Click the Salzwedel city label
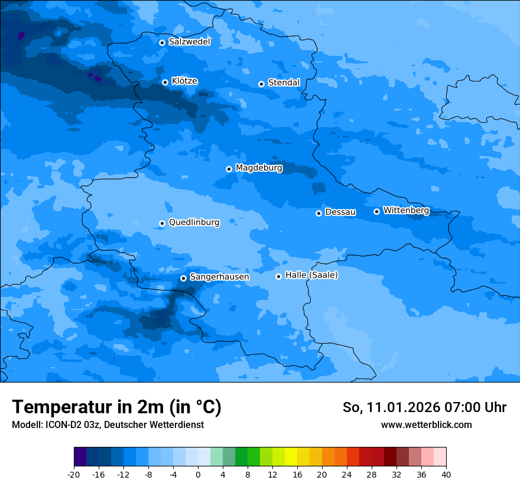click(189, 42)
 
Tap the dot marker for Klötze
click(165, 82)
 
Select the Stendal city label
click(284, 83)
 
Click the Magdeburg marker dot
click(229, 169)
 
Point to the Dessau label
click(340, 212)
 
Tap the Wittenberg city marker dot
click(376, 211)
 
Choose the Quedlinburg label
click(194, 223)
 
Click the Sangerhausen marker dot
click(183, 278)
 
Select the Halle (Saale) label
click(311, 275)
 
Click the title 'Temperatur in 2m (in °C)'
click(116, 407)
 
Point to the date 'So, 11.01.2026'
click(391, 407)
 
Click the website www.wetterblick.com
click(426, 425)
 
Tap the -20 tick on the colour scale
click(74, 474)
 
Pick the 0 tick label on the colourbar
click(198, 474)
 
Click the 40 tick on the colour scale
click(446, 474)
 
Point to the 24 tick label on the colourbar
click(347, 474)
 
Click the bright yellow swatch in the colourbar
click(291, 457)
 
